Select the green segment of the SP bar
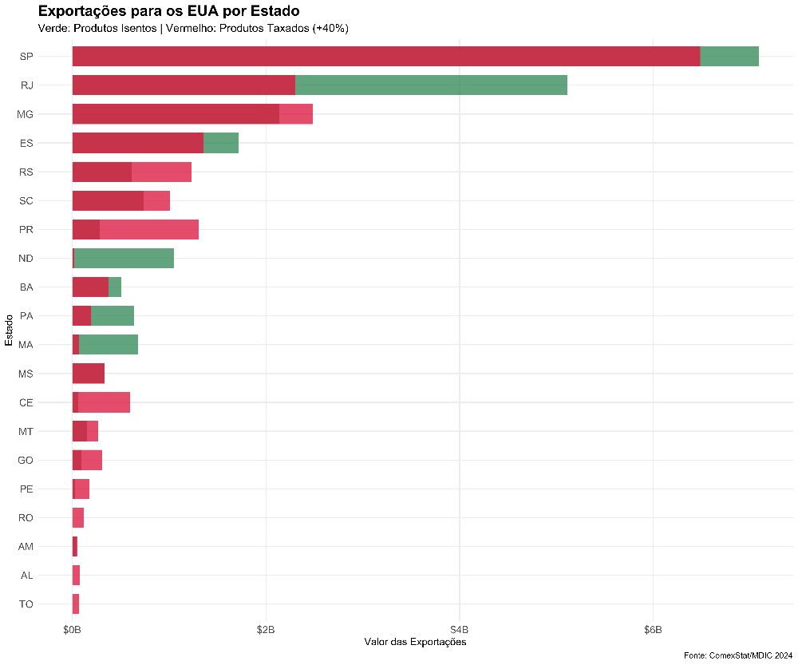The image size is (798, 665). [729, 57]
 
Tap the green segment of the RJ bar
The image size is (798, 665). [431, 85]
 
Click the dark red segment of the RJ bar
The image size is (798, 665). [184, 85]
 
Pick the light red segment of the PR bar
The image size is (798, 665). [148, 229]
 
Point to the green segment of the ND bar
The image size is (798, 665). [124, 258]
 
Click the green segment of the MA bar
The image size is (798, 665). [109, 345]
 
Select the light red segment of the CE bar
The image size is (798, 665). [104, 402]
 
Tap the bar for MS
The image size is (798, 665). [89, 374]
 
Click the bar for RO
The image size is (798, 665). [78, 518]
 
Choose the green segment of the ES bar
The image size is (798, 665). [221, 143]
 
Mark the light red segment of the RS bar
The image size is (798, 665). [161, 172]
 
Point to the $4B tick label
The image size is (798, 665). [459, 630]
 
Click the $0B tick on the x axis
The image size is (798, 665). [72, 630]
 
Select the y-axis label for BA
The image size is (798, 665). [26, 287]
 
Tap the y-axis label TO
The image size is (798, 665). [26, 604]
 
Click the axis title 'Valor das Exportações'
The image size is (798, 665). [415, 643]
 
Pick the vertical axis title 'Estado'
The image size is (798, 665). [9, 331]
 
